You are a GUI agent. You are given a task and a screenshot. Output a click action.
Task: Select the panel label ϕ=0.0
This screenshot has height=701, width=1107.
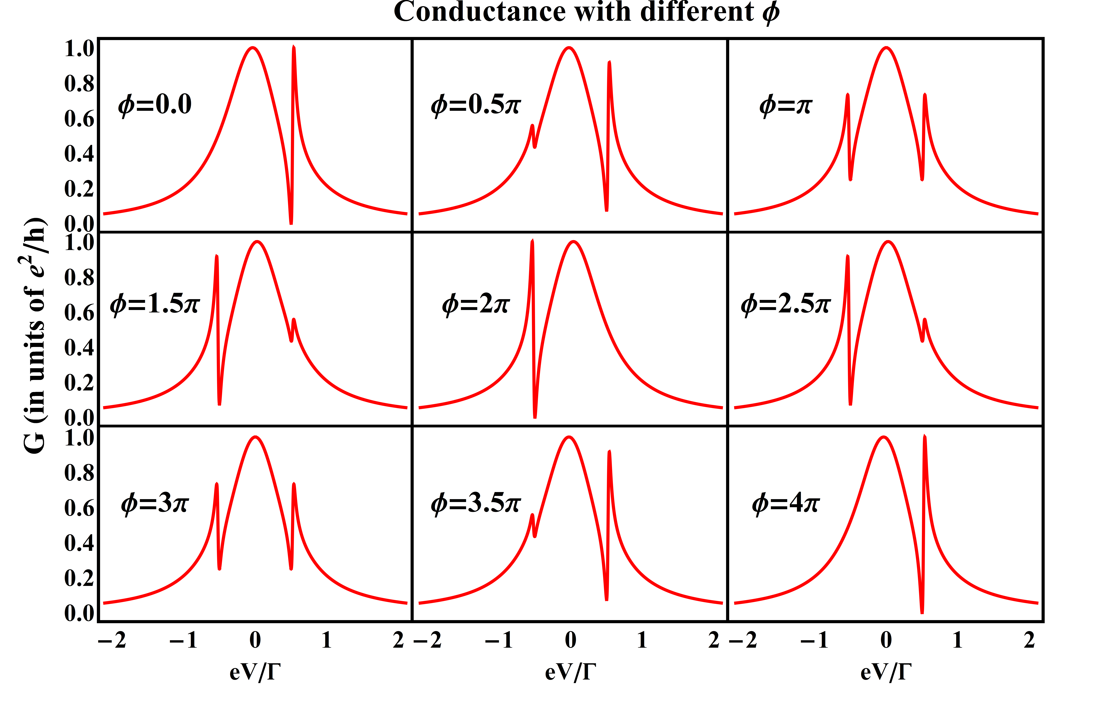pyautogui.click(x=155, y=105)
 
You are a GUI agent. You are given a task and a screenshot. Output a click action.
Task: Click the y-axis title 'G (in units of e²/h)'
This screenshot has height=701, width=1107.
pyautogui.click(x=34, y=336)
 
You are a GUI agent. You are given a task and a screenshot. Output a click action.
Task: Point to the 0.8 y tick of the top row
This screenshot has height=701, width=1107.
pyautogui.click(x=79, y=84)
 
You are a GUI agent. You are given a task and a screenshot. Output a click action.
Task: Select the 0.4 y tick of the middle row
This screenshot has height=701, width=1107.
pyautogui.click(x=79, y=348)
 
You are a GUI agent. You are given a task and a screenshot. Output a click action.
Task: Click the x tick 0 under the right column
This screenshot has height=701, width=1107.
pyautogui.click(x=886, y=640)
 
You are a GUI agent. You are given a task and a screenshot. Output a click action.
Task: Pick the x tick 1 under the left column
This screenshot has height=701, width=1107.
pyautogui.click(x=326, y=640)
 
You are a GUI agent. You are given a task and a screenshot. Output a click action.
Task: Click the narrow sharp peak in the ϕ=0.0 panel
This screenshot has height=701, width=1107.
pyautogui.click(x=294, y=48)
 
